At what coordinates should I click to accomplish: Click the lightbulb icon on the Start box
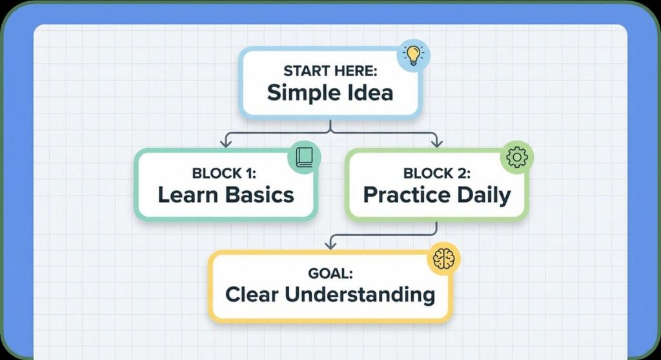point(414,55)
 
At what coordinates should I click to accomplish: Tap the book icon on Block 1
point(305,157)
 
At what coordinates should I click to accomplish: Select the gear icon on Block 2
point(517,157)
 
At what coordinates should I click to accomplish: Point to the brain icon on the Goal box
point(444,259)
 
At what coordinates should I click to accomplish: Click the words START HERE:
point(330,71)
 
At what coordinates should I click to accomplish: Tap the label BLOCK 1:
point(224,173)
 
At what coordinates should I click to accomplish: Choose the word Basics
point(259,195)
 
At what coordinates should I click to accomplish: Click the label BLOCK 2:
point(437,173)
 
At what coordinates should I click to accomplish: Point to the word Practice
point(407,195)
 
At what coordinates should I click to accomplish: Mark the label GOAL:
point(330,273)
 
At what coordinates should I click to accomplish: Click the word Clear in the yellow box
point(252,294)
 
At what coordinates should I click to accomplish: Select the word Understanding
point(360,295)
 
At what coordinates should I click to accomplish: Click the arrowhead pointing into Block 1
point(226,143)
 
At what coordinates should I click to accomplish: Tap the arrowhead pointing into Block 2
point(437,143)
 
